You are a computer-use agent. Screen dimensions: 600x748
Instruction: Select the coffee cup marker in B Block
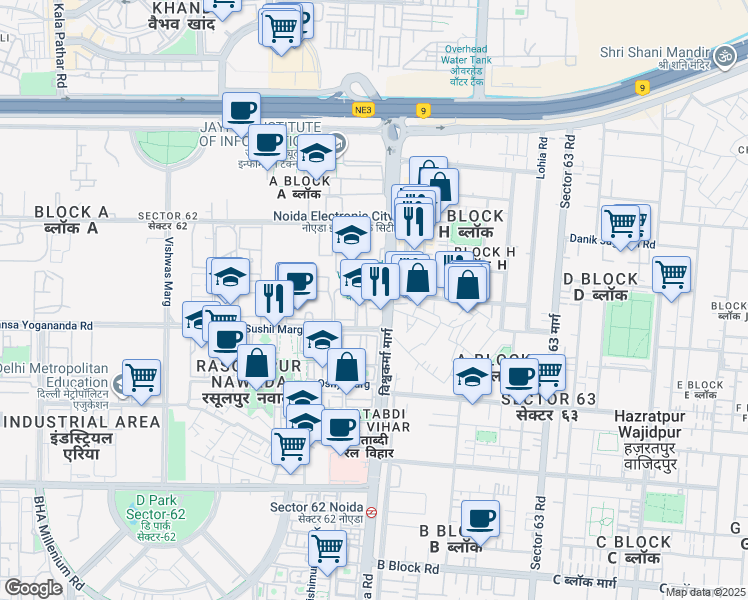pyautogui.click(x=480, y=518)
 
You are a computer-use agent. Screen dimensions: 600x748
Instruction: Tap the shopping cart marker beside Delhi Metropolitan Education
pyautogui.click(x=142, y=378)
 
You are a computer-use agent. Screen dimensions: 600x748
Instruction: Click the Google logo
pyautogui.click(x=33, y=588)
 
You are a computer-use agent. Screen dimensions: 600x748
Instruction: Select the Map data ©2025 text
pyautogui.click(x=706, y=592)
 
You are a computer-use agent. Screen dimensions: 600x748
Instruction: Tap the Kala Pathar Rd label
pyautogui.click(x=62, y=45)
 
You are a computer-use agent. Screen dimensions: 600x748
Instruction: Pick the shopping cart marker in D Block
pyautogui.click(x=671, y=273)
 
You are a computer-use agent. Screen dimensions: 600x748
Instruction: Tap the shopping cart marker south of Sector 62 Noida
pyautogui.click(x=327, y=548)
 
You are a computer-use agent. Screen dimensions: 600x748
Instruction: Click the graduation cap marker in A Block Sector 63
pyautogui.click(x=472, y=377)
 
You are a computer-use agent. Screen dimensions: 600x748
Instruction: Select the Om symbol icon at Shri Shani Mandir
pyautogui.click(x=726, y=54)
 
